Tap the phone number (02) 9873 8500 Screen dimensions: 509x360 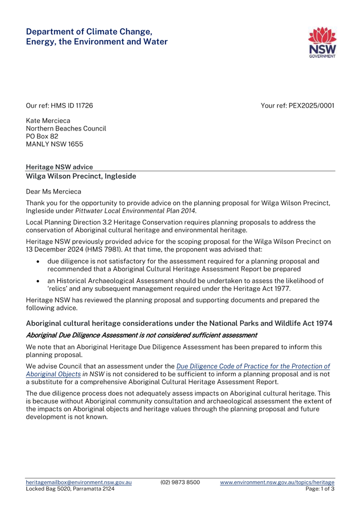(x=180, y=482)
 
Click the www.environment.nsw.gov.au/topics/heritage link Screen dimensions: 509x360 (x=277, y=482)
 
